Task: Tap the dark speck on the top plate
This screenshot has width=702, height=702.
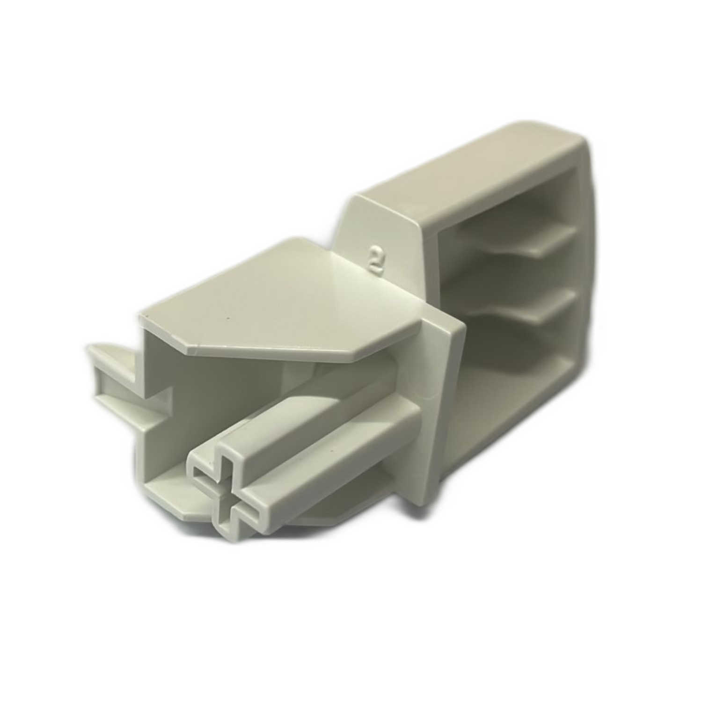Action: click(x=228, y=320)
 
